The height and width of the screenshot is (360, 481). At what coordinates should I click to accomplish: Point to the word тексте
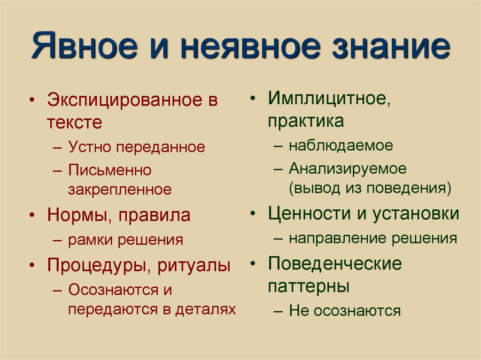[74, 123]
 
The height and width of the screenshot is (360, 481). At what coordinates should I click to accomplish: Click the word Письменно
[109, 169]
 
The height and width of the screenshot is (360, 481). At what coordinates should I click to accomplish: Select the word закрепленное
[120, 190]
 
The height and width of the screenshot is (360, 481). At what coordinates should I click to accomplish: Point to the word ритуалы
[194, 266]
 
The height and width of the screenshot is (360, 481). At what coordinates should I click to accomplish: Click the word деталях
[205, 310]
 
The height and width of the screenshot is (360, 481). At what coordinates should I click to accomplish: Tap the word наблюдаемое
[341, 145]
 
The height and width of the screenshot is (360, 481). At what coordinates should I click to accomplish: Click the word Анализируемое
[347, 168]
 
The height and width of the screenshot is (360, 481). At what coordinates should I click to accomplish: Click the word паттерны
[309, 286]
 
